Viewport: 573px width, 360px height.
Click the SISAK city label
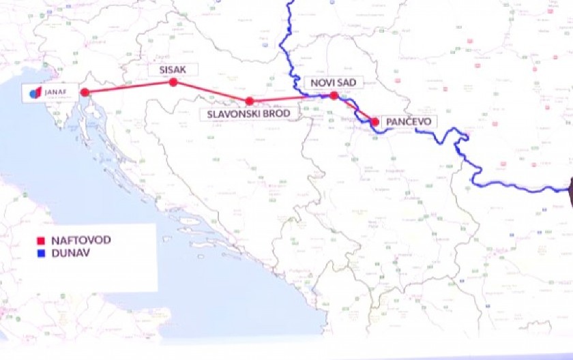point(173,70)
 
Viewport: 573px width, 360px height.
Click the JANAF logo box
point(46,92)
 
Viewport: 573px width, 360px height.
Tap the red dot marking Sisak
point(173,82)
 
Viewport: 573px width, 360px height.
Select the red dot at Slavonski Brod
point(250,101)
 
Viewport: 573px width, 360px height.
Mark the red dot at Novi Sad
point(334,95)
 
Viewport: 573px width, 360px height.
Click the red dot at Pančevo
point(375,122)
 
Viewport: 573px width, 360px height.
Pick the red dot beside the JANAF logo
point(85,92)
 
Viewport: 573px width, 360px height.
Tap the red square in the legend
point(41,241)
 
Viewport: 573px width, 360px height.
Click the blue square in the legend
point(41,252)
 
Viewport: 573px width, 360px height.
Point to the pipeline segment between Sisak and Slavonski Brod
point(211,91)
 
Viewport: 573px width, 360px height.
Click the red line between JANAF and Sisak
point(129,87)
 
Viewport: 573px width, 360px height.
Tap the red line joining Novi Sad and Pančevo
point(355,109)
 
